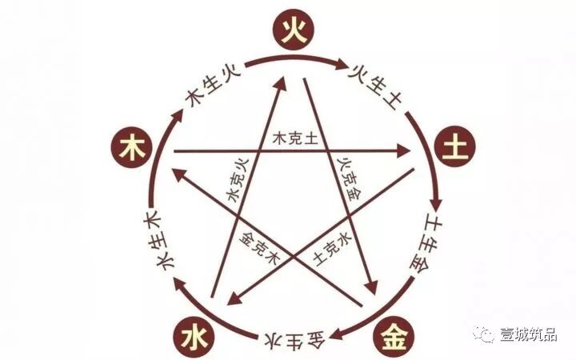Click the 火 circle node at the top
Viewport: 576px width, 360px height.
click(292, 31)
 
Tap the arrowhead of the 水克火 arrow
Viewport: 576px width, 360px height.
click(282, 82)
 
